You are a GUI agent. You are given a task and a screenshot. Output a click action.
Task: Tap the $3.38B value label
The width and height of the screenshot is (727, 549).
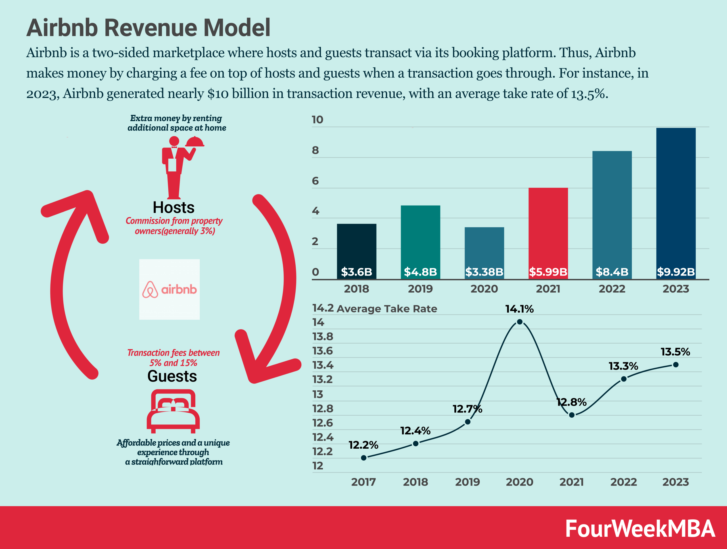coord(484,272)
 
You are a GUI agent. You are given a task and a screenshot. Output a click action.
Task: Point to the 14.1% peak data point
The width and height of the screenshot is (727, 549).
coord(520,322)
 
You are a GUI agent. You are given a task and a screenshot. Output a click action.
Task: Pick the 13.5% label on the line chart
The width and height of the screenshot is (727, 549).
coord(675,352)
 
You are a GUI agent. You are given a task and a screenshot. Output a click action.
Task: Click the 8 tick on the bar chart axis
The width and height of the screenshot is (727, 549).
coord(315,150)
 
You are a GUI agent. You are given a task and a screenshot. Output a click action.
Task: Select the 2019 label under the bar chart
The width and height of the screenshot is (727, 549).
coord(420,289)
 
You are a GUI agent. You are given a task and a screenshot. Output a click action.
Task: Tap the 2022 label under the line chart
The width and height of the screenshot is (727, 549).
coord(623,482)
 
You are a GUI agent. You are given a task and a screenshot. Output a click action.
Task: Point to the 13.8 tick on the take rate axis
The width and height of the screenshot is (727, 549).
coord(322,337)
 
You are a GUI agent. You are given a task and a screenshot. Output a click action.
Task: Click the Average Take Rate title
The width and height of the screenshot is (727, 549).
coord(387,309)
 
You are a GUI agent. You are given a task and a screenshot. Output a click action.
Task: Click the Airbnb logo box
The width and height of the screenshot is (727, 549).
coord(169,289)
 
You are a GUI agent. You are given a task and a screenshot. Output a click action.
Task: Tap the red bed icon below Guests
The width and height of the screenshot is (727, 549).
coord(173,411)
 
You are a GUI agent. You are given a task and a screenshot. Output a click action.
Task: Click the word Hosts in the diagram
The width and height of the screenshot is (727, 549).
coord(174,208)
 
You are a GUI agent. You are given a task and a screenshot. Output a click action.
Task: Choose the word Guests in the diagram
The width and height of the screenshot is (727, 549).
coord(172,376)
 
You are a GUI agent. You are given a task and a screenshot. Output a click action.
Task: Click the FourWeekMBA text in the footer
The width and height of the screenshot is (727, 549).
coord(640,529)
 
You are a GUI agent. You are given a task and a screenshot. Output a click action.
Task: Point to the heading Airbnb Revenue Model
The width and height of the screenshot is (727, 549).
coord(148,28)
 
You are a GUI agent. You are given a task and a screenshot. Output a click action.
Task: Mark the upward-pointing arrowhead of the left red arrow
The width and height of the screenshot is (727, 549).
coord(84,204)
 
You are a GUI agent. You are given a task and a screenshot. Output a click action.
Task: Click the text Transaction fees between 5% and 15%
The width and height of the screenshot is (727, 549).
coord(173,358)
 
